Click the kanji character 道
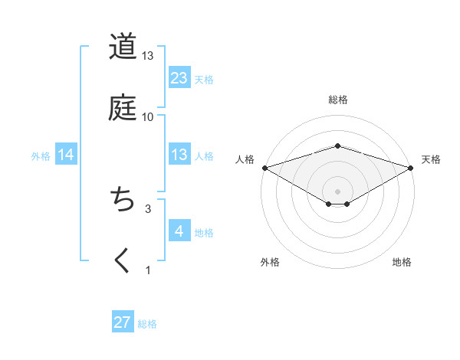(122, 47)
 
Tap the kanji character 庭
(122, 108)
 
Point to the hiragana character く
(122, 260)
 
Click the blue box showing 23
(179, 78)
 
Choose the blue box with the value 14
(66, 155)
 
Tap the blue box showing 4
(179, 231)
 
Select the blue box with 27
(123, 322)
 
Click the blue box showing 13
(179, 155)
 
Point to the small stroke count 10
(148, 117)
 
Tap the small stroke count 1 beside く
(148, 270)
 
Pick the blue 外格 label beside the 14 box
(41, 156)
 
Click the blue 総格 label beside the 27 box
(147, 324)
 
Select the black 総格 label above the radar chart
(338, 100)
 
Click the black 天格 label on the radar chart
(432, 159)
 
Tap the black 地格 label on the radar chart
(402, 262)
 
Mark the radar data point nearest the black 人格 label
(264, 168)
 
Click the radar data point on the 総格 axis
(338, 146)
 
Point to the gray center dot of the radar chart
(338, 191)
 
